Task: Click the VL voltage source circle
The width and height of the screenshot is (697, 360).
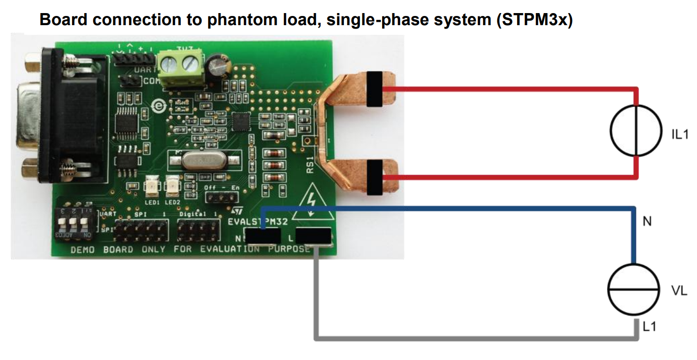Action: tap(633, 289)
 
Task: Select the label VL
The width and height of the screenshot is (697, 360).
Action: tap(679, 291)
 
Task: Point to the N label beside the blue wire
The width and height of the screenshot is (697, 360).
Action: tap(647, 221)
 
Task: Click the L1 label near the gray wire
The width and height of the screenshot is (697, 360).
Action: tap(650, 327)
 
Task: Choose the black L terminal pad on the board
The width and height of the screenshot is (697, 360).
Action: tap(313, 236)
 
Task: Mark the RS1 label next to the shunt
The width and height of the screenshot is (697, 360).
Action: tap(310, 165)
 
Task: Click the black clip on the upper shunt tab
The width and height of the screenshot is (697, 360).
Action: tap(375, 89)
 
